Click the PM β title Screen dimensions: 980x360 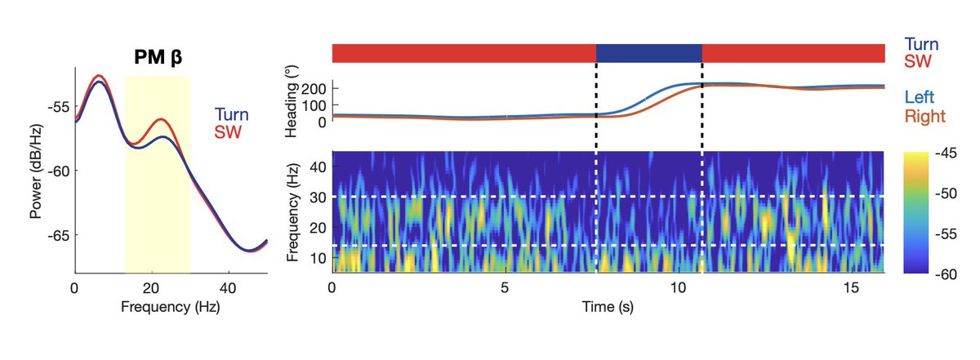pyautogui.click(x=158, y=57)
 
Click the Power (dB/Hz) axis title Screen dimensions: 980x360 pyautogui.click(x=36, y=171)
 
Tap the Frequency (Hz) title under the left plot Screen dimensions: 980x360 pyautogui.click(x=171, y=307)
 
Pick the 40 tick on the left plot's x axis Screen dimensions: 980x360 pyautogui.click(x=228, y=288)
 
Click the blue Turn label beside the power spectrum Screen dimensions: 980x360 pyautogui.click(x=231, y=114)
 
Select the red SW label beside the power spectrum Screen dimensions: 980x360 pyautogui.click(x=228, y=132)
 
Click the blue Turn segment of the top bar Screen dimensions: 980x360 pyautogui.click(x=648, y=53)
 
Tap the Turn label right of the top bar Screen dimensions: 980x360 pyautogui.click(x=921, y=45)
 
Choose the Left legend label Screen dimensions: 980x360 pyautogui.click(x=920, y=97)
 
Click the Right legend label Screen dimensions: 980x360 pyautogui.click(x=924, y=116)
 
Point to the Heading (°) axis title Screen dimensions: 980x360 pyautogui.click(x=292, y=101)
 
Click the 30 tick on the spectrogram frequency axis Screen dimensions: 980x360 pyautogui.click(x=318, y=198)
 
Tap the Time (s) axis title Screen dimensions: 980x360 pyautogui.click(x=608, y=307)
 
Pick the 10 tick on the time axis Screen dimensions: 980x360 pyautogui.click(x=678, y=288)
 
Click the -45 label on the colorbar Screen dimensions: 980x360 pyautogui.click(x=946, y=153)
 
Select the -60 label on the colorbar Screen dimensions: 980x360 pyautogui.click(x=946, y=275)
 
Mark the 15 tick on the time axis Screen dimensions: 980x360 pyautogui.click(x=851, y=288)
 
